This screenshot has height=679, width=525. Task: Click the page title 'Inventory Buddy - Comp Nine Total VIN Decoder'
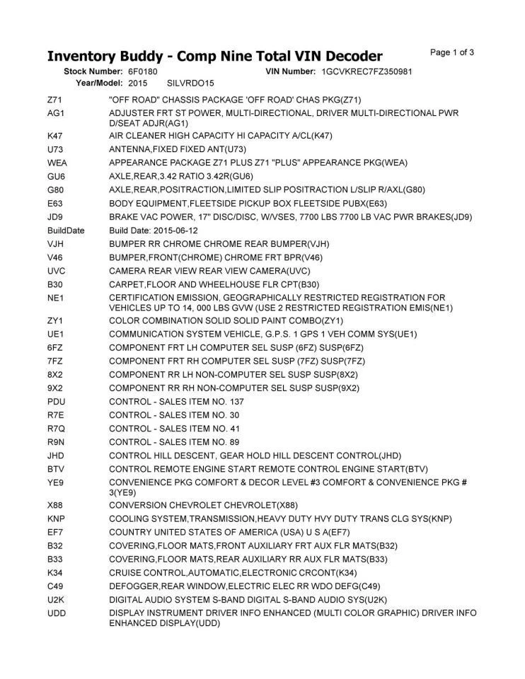(214, 56)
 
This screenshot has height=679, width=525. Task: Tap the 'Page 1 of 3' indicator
(451, 52)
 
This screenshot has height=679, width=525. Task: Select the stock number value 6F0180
(143, 72)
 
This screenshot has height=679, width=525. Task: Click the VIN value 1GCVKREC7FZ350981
(367, 72)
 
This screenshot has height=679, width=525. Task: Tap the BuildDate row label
(65, 231)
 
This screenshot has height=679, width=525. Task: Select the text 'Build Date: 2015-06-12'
(154, 231)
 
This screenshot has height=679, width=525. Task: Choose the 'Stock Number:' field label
(93, 72)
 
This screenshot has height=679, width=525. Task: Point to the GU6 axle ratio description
(181, 175)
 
